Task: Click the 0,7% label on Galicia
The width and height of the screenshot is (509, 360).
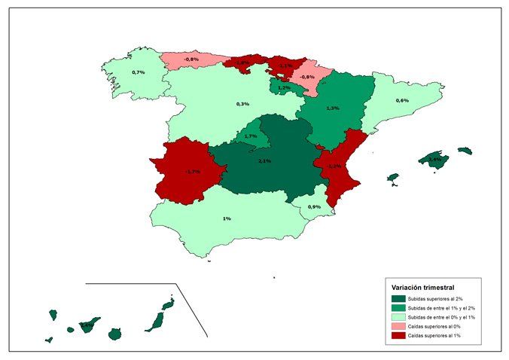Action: (138, 72)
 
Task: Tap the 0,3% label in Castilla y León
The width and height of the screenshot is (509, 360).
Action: (242, 104)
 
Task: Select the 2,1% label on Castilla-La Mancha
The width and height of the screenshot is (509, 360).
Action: (265, 161)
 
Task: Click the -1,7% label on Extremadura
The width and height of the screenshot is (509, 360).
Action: (192, 172)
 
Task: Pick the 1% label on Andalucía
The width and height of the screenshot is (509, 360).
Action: (227, 218)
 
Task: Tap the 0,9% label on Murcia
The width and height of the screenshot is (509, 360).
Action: (315, 207)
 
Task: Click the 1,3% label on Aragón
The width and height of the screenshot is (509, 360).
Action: (333, 108)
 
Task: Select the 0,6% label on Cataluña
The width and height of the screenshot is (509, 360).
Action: (402, 101)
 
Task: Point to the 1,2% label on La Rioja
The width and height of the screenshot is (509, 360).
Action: (284, 88)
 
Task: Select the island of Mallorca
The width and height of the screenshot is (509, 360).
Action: (434, 160)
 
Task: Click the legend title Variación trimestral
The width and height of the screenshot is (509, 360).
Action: (422, 287)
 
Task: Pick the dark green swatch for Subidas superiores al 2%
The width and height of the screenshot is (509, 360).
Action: (398, 299)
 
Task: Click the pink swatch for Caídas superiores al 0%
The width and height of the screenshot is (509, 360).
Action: (398, 327)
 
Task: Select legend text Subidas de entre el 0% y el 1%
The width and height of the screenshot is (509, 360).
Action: (440, 318)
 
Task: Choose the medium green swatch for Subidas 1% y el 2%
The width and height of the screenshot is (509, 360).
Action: (398, 309)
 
